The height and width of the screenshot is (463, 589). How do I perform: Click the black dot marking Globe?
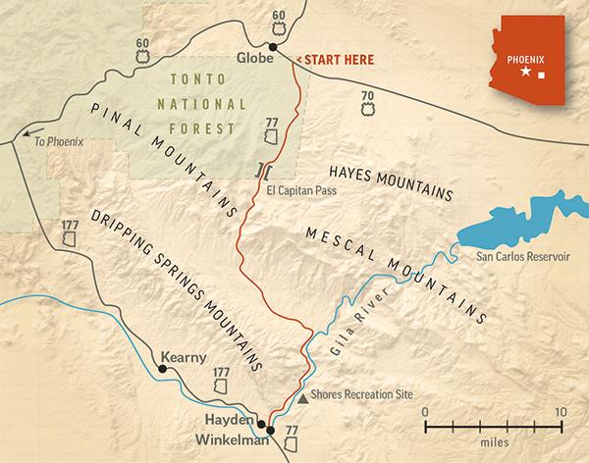pyautogui.click(x=273, y=47)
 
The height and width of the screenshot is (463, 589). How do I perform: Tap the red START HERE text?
pyautogui.click(x=337, y=59)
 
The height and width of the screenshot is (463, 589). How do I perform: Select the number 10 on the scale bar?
pyautogui.click(x=560, y=411)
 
